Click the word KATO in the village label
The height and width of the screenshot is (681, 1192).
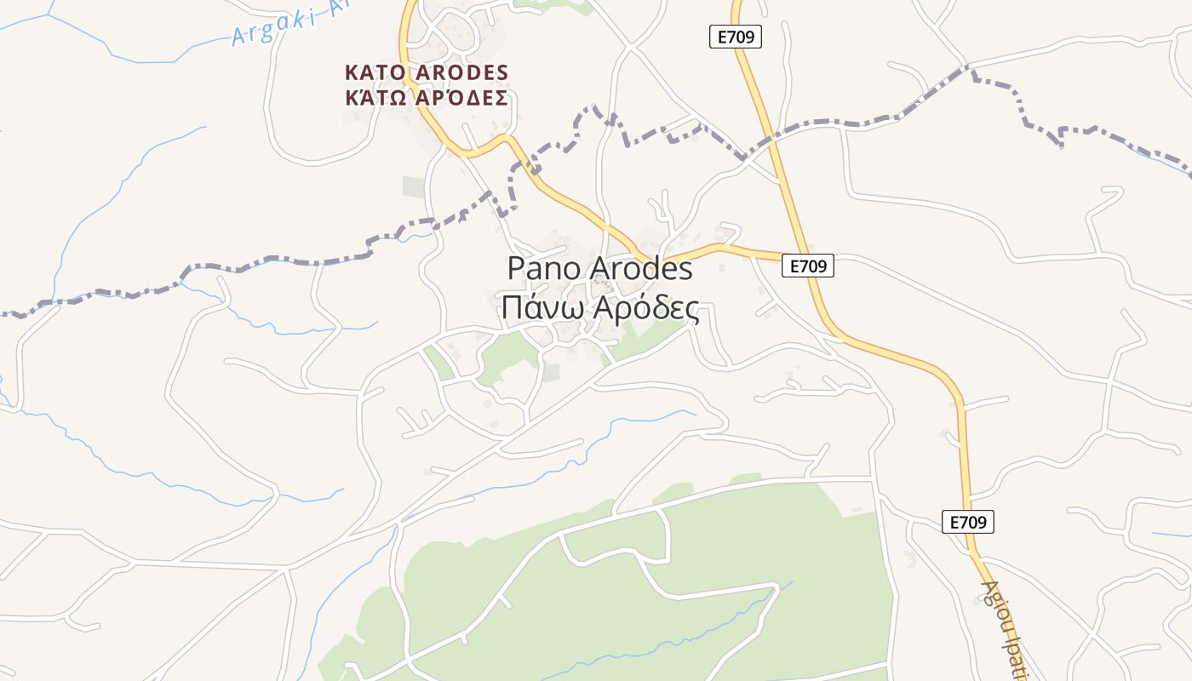click(x=375, y=72)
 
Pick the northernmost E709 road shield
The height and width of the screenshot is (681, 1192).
click(x=735, y=37)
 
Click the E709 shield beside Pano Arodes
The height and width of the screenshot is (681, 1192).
click(x=807, y=266)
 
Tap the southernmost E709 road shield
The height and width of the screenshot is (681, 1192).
click(x=968, y=522)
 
